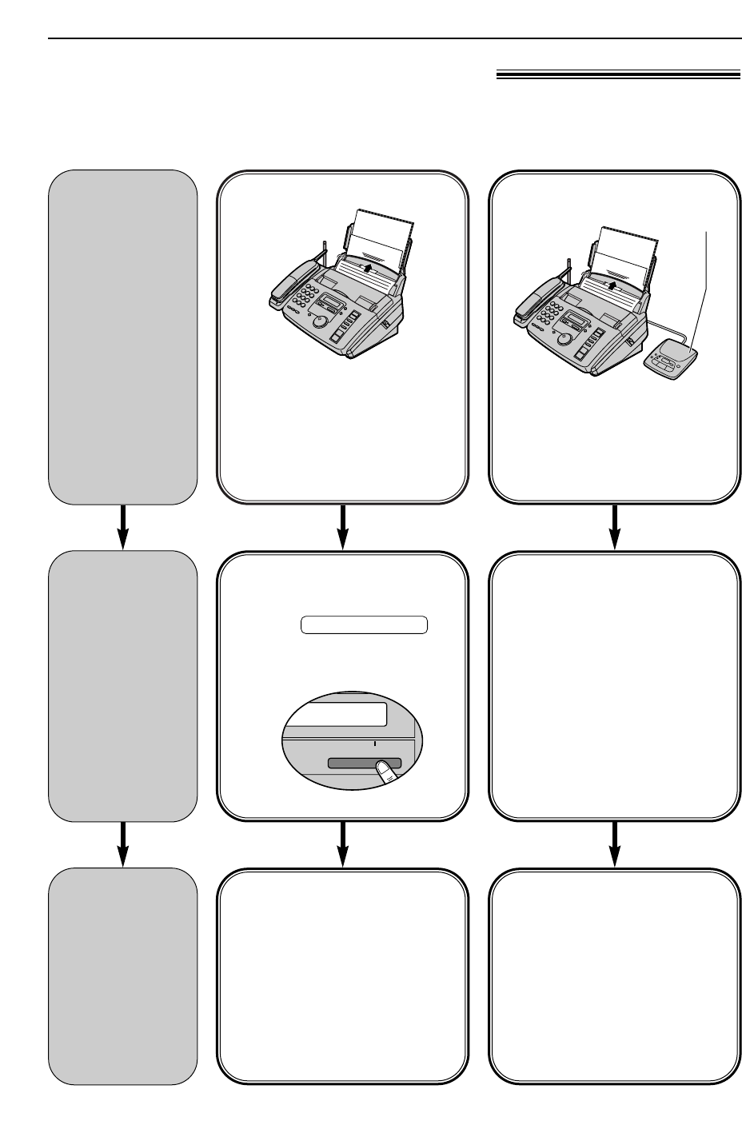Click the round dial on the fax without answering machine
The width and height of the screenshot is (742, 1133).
click(x=320, y=321)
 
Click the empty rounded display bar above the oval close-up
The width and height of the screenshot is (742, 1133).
click(x=364, y=624)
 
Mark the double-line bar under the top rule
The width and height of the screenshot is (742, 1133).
click(x=617, y=76)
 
